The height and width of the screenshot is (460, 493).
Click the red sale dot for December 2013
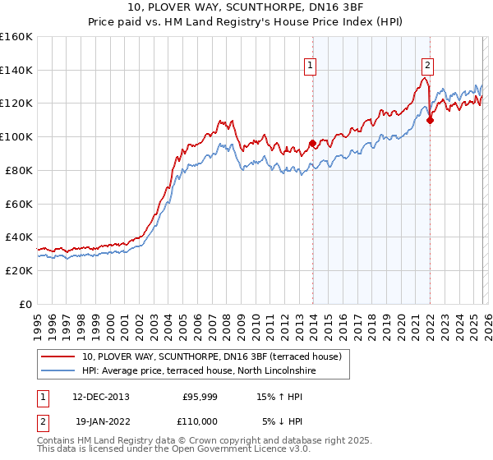click(x=312, y=144)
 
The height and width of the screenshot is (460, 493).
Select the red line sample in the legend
click(x=59, y=356)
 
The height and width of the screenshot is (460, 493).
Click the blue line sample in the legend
click(x=59, y=371)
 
